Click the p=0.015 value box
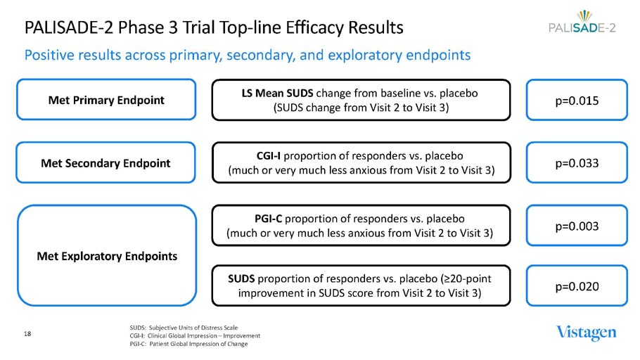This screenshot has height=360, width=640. pos(577,100)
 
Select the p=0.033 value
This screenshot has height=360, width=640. pos(577,163)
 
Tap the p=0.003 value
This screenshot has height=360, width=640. pos(577,226)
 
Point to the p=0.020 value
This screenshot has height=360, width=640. pos(577,285)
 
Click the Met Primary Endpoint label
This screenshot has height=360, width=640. pos(106,100)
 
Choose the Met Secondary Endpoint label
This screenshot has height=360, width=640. pos(105,163)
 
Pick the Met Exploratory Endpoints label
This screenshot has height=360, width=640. pos(107,256)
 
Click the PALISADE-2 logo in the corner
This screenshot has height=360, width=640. pos(582,22)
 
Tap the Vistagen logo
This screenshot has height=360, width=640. pos(587,333)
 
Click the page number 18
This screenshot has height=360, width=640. pos(27,334)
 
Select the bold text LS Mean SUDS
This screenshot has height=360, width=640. pos(277,93)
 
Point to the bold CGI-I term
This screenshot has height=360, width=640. pos(269,156)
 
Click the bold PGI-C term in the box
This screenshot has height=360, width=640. pos(268,219)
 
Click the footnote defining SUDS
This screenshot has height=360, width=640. pos(184,328)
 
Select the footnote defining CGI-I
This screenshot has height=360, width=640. pos(195,335)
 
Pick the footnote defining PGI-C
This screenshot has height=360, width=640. pos(188,344)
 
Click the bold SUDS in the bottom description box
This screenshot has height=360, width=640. pos(241,278)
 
